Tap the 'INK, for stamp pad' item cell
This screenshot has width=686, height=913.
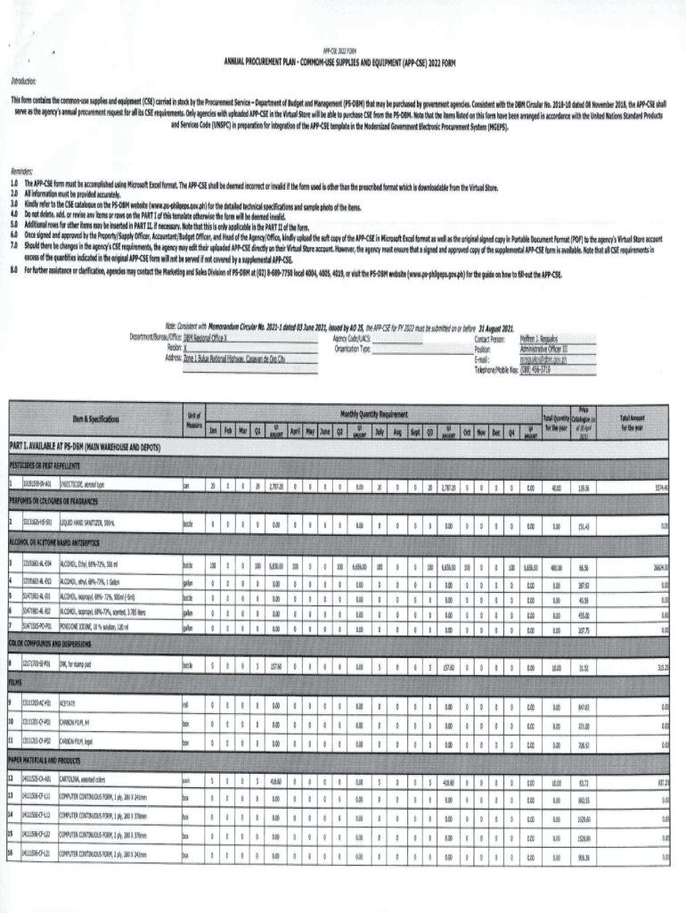tap(76, 666)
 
